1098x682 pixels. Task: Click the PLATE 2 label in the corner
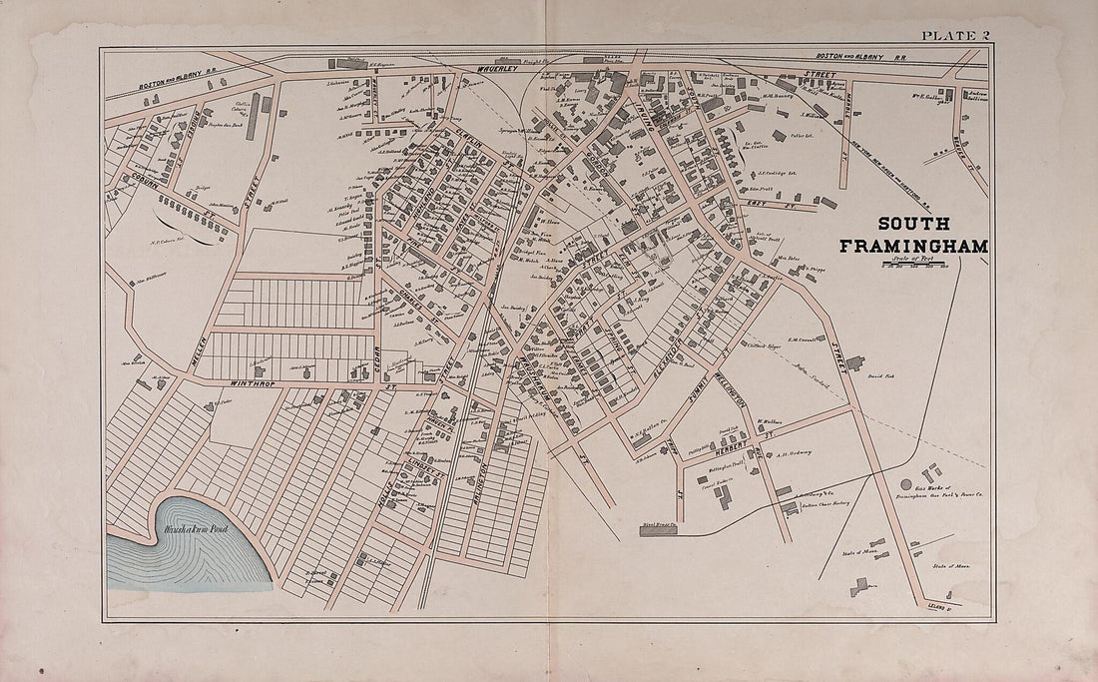[x=955, y=36]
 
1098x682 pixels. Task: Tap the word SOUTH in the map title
[x=914, y=224]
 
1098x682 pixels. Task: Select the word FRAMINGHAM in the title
[x=913, y=246]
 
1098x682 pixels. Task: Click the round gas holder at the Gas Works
[x=906, y=484]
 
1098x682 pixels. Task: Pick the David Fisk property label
[x=879, y=376]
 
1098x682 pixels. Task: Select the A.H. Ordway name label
[x=795, y=452]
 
